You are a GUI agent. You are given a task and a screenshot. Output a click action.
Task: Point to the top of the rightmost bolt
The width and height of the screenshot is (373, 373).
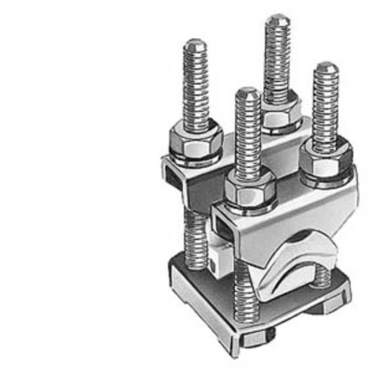(x=326, y=68)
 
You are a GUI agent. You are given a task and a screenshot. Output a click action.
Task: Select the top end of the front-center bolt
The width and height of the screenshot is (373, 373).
(x=247, y=93)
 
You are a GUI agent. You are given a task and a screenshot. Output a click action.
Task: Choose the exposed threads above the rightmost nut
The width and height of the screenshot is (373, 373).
(x=325, y=112)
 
